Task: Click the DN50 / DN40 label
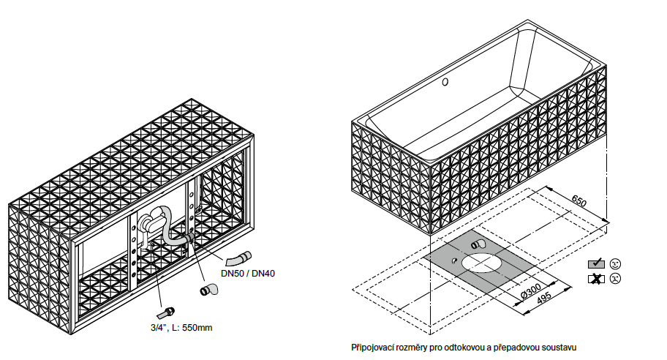tap(248, 274)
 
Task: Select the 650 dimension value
tap(579, 200)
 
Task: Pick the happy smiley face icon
tap(615, 263)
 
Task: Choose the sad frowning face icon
tap(615, 279)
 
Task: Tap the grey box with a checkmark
tap(596, 263)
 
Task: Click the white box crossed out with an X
tap(596, 279)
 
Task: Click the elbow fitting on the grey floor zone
tap(478, 244)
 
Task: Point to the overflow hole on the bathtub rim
tap(445, 83)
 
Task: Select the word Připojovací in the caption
tap(374, 346)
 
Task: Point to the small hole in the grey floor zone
tap(455, 260)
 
